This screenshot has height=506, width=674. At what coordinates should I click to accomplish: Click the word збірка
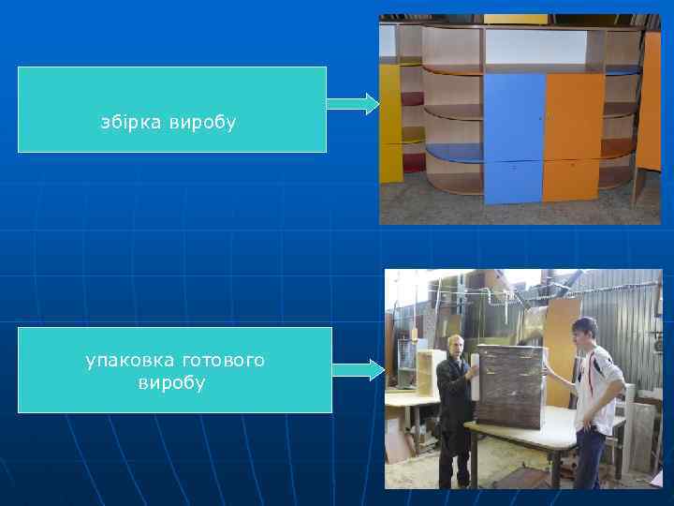pos(132,123)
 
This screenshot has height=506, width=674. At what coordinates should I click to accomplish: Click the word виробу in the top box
pos(203,123)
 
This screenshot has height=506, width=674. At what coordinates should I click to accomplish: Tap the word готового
pos(225,360)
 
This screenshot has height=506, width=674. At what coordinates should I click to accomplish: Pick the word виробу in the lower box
pos(171,383)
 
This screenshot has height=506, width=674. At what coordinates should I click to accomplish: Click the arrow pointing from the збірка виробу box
pos(352,103)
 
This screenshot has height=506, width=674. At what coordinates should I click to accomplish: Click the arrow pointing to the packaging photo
pos(358,370)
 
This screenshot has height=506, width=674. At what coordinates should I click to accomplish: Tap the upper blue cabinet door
pos(514,116)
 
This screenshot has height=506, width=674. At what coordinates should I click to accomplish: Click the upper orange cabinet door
pos(573,116)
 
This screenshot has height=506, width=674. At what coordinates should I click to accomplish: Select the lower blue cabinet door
pos(513,181)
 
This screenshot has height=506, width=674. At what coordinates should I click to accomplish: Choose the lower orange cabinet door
pos(570,179)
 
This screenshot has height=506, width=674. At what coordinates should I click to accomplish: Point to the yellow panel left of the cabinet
pos(390,122)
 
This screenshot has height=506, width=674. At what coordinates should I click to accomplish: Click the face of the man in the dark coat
pos(455,347)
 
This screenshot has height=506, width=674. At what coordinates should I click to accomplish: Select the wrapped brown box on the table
pos(510,384)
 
